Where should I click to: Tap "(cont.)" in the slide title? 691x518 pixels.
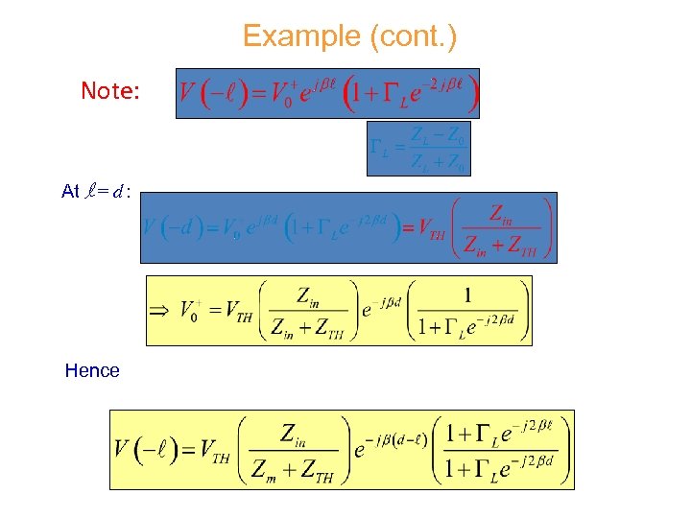coord(411,37)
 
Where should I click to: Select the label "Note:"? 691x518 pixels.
coord(111,91)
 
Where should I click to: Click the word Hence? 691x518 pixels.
coord(92,370)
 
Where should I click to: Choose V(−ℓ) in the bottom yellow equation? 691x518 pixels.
coord(146,448)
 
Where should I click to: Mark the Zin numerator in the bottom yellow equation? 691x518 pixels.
coord(295,433)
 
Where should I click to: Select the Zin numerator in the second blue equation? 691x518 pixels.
coord(508,212)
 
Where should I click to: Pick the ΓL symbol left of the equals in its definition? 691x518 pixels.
coord(381,148)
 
